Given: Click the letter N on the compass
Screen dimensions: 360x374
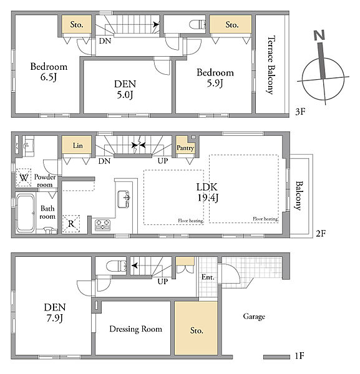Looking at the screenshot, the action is click(319, 35).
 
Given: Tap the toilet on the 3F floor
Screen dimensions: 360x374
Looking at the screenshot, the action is click(197, 24).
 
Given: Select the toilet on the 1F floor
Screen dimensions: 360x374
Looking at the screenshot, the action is click(116, 266).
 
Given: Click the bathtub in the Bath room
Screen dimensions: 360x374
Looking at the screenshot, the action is click(26, 213).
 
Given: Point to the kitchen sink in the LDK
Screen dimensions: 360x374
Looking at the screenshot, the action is click(124, 199).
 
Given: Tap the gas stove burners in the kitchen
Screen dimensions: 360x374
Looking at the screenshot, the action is click(103, 224).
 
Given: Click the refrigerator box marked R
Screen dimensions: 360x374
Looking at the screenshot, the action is click(71, 224).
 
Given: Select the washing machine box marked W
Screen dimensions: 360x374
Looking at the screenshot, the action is click(24, 178).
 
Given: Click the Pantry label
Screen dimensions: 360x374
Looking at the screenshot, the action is click(185, 148).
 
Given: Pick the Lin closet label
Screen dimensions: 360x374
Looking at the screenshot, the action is click(78, 145).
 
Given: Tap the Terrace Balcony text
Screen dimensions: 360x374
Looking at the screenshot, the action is click(271, 65).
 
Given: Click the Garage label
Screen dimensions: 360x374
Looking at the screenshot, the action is click(254, 317).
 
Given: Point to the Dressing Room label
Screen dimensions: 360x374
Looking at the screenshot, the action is click(135, 329).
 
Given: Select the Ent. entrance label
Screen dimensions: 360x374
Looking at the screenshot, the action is click(208, 277).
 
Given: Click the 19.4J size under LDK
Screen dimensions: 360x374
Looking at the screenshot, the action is click(208, 198).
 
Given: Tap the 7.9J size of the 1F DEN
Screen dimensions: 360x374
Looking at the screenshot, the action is click(55, 318).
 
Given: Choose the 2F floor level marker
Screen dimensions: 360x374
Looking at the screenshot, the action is click(321, 233).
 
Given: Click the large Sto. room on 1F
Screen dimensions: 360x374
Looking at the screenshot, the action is click(196, 328).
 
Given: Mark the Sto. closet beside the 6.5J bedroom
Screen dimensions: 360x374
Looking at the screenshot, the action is click(77, 24).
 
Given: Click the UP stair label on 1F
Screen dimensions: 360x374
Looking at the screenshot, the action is click(163, 282).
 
